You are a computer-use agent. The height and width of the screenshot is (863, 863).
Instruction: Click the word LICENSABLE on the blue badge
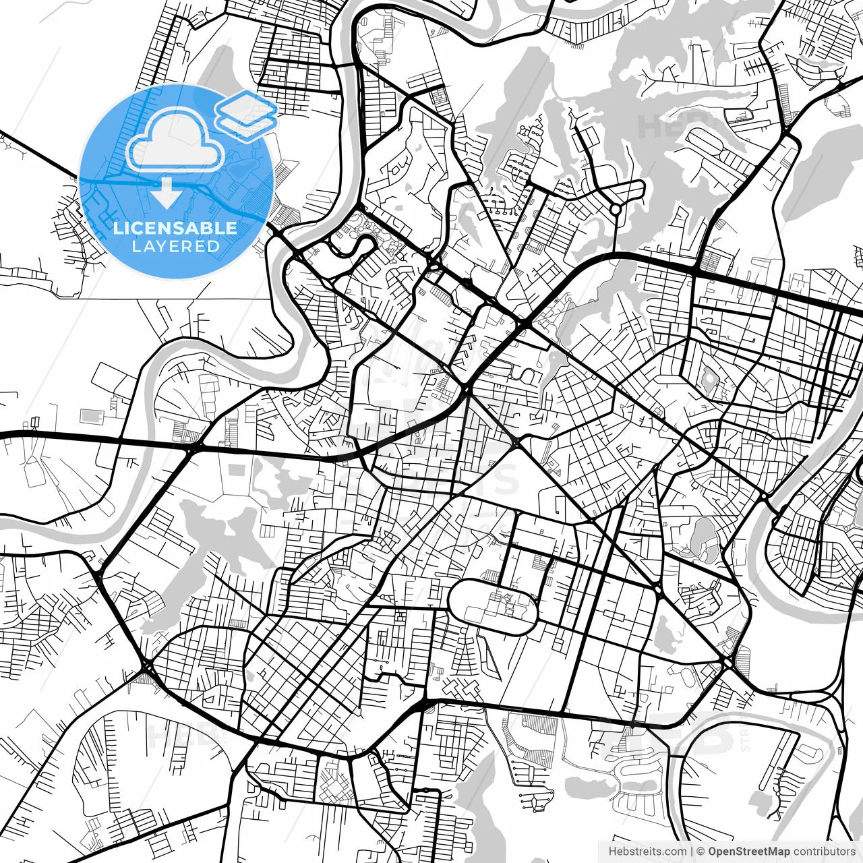click(175, 228)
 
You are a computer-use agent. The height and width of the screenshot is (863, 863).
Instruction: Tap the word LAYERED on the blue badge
click(175, 246)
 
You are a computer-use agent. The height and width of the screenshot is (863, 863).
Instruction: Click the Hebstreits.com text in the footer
click(647, 852)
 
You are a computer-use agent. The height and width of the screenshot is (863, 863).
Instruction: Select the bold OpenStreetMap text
click(748, 852)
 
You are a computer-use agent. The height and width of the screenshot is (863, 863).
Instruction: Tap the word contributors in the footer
click(824, 852)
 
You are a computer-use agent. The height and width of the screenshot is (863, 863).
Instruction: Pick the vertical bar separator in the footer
click(692, 852)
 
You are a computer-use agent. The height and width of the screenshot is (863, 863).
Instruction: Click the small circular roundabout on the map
click(615, 210)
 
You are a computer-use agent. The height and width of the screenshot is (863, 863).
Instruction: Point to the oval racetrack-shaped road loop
click(493, 605)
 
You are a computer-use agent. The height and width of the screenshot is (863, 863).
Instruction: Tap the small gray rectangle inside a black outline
click(88, 415)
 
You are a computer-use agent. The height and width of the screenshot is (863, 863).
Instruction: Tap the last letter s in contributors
click(852, 852)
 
